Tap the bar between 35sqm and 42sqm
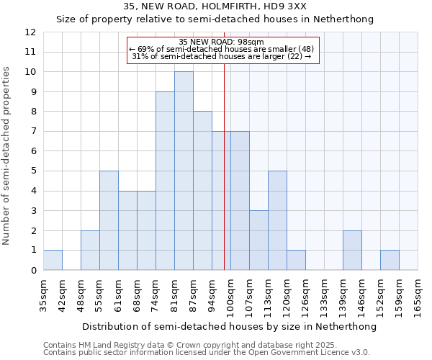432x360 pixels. (x=53, y=260)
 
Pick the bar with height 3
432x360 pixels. (x=258, y=240)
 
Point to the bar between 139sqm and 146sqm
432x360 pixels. (x=352, y=251)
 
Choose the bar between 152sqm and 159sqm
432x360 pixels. (x=390, y=260)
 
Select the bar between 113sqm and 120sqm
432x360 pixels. (x=277, y=220)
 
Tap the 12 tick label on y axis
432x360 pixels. (x=30, y=32)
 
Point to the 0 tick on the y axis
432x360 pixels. (x=33, y=270)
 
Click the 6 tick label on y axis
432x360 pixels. (x=33, y=151)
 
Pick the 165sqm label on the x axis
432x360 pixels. (x=418, y=296)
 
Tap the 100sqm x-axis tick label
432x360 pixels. (x=231, y=296)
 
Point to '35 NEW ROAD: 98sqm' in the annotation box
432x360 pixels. (x=221, y=42)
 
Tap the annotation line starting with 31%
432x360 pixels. (x=222, y=56)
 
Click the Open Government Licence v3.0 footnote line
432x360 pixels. (x=207, y=353)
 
